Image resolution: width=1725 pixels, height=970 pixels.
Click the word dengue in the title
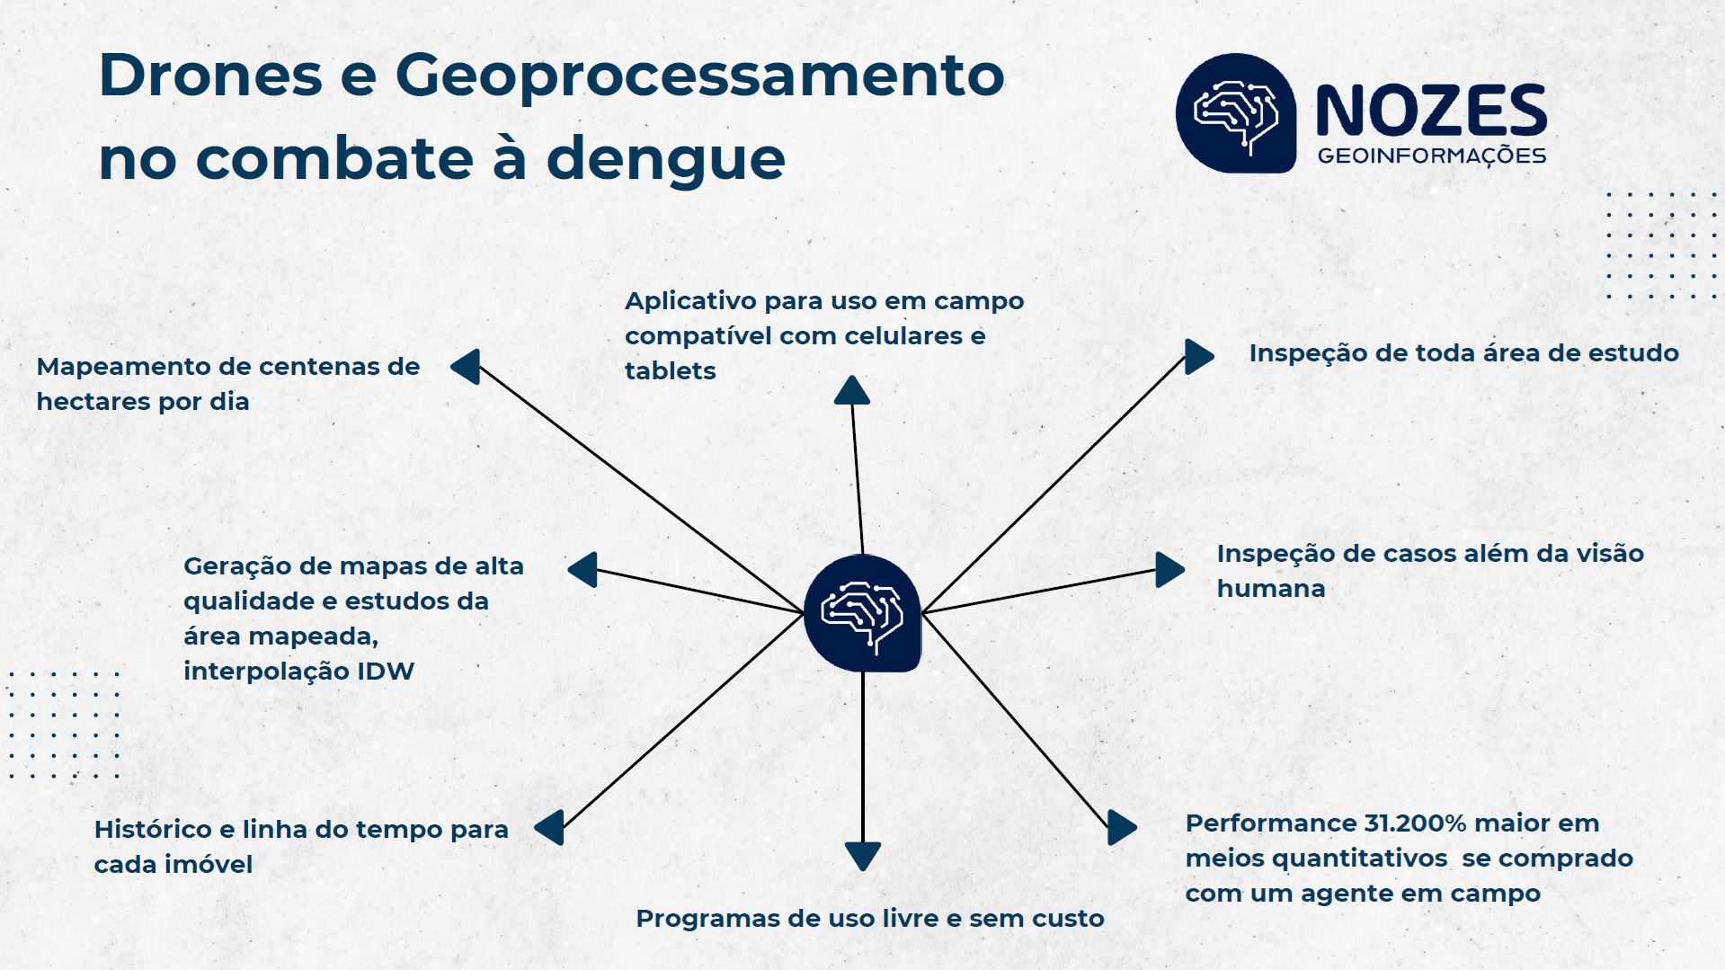pyautogui.click(x=665, y=160)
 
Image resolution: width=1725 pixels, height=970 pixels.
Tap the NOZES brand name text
pyautogui.click(x=1431, y=112)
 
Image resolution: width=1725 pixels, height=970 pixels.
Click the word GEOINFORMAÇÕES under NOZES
pyautogui.click(x=1431, y=156)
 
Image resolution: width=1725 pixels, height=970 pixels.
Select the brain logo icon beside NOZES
pyautogui.click(x=1236, y=113)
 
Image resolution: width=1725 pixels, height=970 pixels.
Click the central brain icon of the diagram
pyautogui.click(x=862, y=613)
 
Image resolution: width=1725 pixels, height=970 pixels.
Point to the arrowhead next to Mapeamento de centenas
pyautogui.click(x=467, y=367)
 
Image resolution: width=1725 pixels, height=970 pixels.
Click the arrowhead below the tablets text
pyautogui.click(x=851, y=391)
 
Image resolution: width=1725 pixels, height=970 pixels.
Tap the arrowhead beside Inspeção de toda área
pyautogui.click(x=1197, y=357)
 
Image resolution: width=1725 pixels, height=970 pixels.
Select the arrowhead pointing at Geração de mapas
pyautogui.click(x=584, y=570)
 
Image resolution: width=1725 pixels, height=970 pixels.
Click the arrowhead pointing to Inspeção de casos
pyautogui.click(x=1168, y=570)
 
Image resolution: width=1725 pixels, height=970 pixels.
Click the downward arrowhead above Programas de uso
pyautogui.click(x=863, y=855)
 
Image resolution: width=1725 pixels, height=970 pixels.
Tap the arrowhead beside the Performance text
pyautogui.click(x=1120, y=827)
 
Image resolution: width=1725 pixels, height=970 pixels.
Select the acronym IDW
pyautogui.click(x=386, y=672)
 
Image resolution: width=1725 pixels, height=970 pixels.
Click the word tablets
pyautogui.click(x=671, y=371)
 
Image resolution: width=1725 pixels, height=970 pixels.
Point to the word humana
pyautogui.click(x=1270, y=589)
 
